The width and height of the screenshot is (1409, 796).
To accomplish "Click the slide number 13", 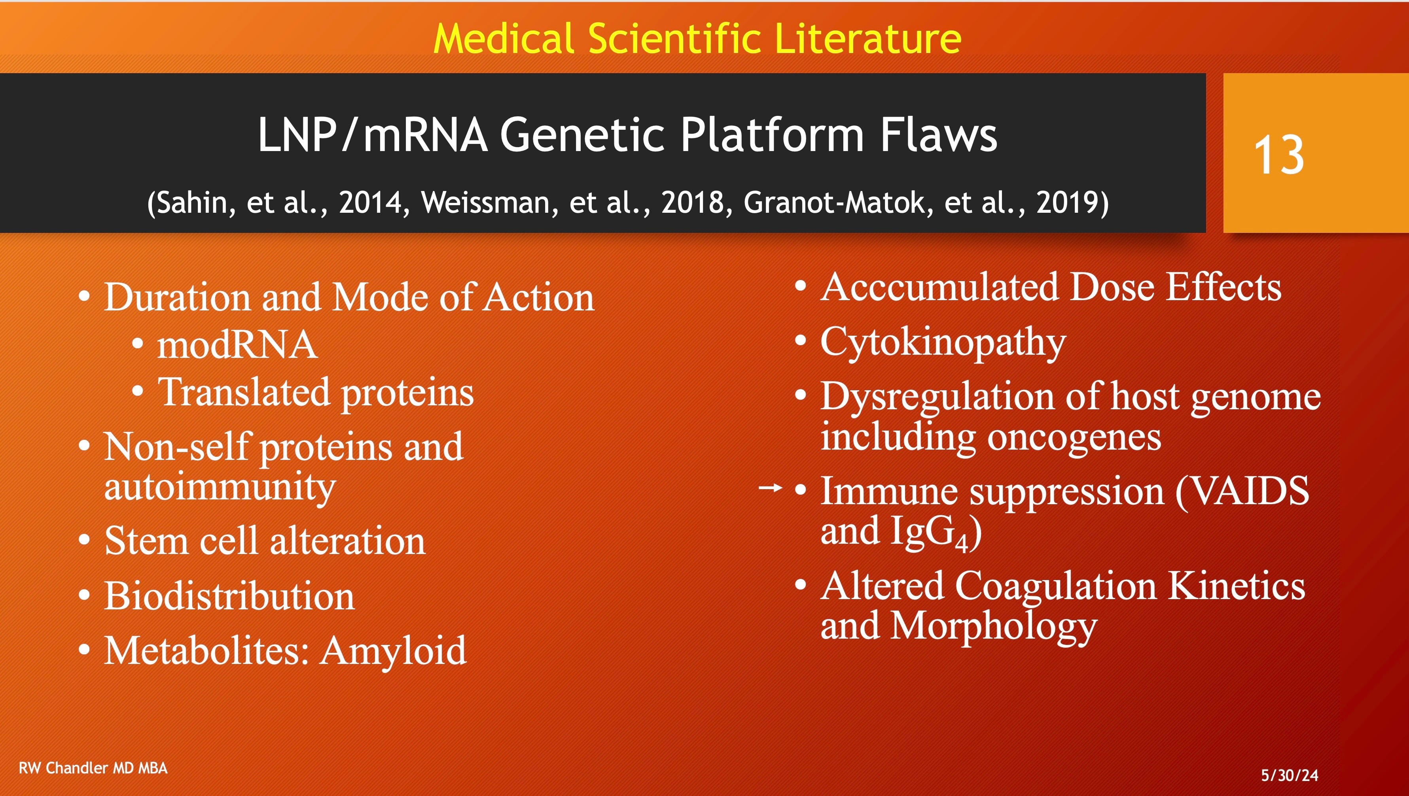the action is (x=1278, y=155).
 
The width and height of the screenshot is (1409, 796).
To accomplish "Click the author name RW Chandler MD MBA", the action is (x=93, y=768).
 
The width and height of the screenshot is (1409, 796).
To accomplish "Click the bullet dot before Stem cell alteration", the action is (x=84, y=540).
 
